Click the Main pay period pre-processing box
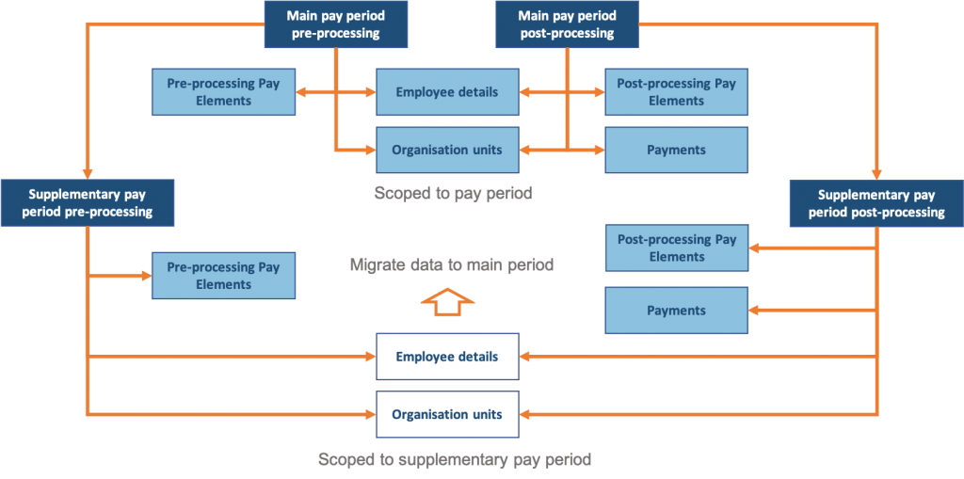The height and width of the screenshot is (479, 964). point(335,24)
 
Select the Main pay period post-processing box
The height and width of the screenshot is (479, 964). point(567,24)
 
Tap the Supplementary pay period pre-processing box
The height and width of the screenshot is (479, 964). point(87,203)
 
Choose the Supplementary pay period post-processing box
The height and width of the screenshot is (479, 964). point(876,203)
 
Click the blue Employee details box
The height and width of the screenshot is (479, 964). point(447,92)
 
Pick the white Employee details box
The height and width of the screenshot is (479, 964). point(447,357)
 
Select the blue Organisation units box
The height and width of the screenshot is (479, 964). point(447,150)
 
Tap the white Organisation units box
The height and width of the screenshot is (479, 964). point(447,414)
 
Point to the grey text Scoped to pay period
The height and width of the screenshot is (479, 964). point(453,193)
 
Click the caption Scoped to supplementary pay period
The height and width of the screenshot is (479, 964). point(455,459)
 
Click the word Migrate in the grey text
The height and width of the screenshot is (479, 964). point(378,265)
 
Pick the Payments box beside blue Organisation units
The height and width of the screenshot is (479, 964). point(676,150)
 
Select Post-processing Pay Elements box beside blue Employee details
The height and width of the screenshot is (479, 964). point(676,92)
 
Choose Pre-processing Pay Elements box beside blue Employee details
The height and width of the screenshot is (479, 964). point(223,92)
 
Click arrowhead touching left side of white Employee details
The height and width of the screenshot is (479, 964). point(370,357)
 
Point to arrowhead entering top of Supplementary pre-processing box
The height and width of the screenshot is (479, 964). point(87,173)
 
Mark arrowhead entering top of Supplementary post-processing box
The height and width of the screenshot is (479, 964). point(876,173)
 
